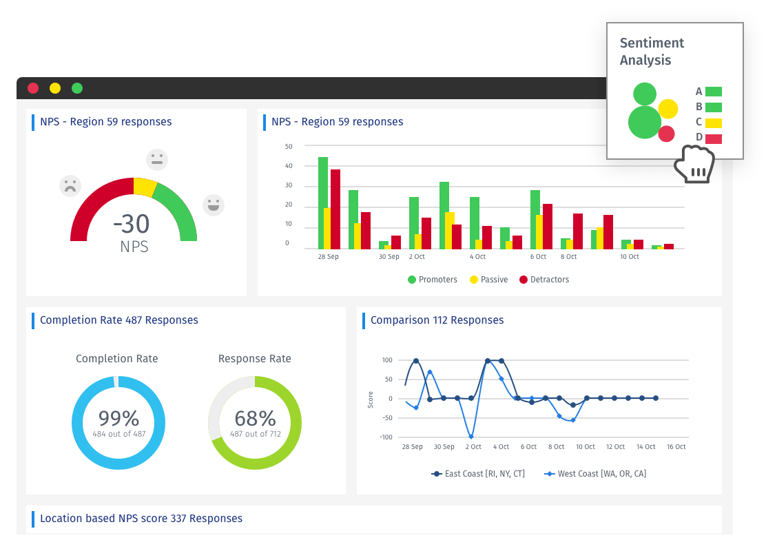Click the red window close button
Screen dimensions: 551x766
tap(33, 88)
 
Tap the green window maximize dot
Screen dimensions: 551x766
tap(77, 88)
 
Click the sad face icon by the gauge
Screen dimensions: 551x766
tap(70, 186)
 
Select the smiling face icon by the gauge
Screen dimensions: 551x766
tap(214, 205)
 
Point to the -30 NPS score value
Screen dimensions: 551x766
tap(132, 223)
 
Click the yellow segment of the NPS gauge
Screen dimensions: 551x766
tap(145, 187)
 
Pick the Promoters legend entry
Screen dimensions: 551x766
tap(433, 280)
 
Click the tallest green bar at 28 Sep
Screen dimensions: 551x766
tap(322, 202)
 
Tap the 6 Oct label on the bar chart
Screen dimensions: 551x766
tap(538, 257)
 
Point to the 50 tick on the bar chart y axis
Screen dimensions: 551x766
tap(289, 146)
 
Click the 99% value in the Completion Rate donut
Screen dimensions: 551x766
tap(118, 418)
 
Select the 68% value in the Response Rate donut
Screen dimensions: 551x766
tap(255, 418)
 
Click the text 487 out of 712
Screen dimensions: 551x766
tap(255, 434)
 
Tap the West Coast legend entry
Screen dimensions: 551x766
tap(595, 474)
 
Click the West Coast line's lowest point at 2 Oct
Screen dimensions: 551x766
tap(471, 437)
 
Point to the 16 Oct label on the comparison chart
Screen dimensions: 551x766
tap(676, 447)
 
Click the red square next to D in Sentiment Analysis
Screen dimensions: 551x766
tap(714, 139)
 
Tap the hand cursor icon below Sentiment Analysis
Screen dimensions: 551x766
tap(694, 165)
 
